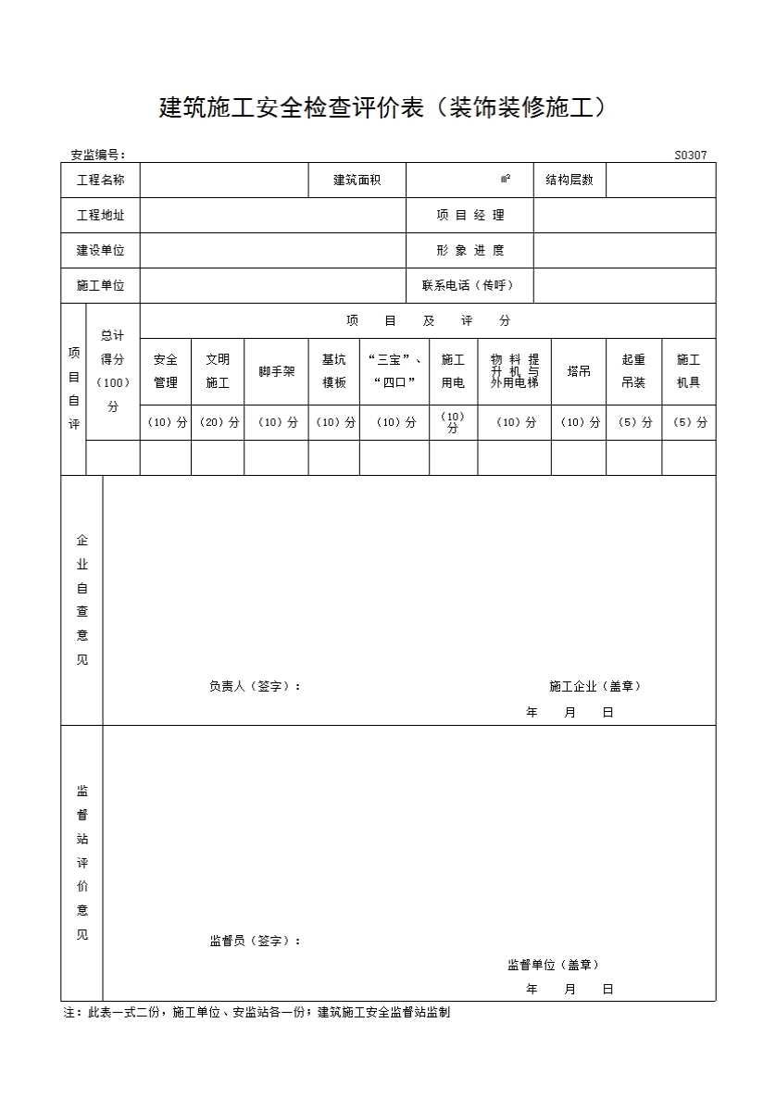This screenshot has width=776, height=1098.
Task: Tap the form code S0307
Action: pos(690,156)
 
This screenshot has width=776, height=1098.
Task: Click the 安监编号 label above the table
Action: pos(98,156)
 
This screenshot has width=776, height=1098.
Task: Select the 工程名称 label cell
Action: pos(100,180)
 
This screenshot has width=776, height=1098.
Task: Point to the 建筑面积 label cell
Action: pos(357,180)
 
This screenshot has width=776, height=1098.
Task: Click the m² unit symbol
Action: pos(506,180)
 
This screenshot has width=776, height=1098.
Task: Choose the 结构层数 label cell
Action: pos(569,180)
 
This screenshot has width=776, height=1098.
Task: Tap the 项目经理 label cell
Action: pos(469,215)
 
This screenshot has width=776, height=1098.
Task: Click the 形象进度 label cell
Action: pos(469,250)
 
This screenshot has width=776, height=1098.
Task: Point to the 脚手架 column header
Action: pos(276,371)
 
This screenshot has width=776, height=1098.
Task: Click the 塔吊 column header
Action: pos(579,371)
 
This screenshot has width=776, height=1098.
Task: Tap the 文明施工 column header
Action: pos(218,370)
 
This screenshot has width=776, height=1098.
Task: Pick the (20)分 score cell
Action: pos(218,422)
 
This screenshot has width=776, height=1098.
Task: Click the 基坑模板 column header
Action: pos(333,370)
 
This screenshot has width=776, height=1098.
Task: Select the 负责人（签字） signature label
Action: pos(255,686)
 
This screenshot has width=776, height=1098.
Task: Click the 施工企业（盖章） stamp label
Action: pos(595,686)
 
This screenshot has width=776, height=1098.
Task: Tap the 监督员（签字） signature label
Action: pos(255,941)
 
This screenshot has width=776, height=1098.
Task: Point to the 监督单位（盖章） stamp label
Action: pos(553,965)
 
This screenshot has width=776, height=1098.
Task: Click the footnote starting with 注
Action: pos(257,1013)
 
